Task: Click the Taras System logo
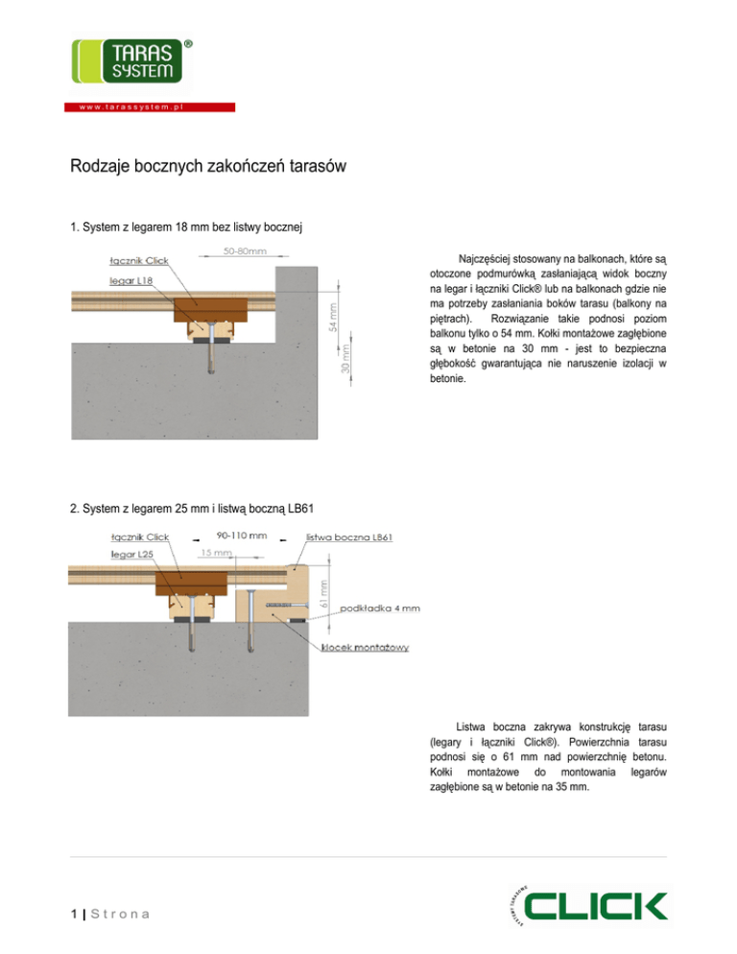pyautogui.click(x=126, y=60)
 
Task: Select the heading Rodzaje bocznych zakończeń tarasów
pyautogui.click(x=207, y=167)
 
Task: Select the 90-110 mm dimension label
pyautogui.click(x=241, y=537)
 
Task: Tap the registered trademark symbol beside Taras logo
pyautogui.click(x=187, y=44)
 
